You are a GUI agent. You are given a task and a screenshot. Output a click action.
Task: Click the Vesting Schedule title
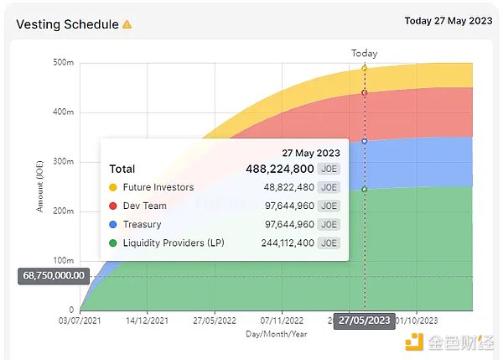pos(67,24)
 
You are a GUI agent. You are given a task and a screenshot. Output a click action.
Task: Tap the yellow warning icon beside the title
pos(127,24)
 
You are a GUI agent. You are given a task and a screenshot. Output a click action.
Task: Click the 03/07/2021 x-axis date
pos(80,321)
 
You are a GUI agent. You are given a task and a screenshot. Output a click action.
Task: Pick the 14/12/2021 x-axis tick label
pos(148,321)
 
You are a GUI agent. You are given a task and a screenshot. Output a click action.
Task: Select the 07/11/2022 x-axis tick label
pos(283,321)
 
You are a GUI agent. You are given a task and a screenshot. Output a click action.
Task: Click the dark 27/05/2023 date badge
pos(363,321)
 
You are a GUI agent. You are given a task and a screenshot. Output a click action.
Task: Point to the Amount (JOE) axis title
pos(39,186)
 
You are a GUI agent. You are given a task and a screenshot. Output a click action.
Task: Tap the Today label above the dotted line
pos(364,53)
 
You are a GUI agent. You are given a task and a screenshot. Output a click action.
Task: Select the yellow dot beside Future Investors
pos(113,187)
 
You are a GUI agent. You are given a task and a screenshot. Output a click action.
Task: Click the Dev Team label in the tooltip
pos(144,206)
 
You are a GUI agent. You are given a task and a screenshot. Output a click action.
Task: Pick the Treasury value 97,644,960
pos(288,224)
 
